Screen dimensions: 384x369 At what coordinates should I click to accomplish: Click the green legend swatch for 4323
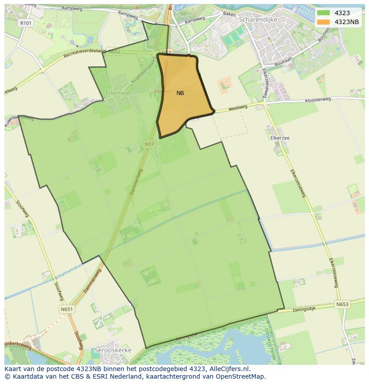coord(324,13)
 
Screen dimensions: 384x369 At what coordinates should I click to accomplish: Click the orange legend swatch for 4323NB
coord(324,22)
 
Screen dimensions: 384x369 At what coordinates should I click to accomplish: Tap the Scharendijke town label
coord(258,20)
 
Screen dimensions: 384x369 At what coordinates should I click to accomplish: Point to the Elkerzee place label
coord(280,138)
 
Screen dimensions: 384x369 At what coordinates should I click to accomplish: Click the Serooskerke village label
coord(113,350)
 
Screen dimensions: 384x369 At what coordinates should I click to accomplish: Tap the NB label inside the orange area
coord(180,93)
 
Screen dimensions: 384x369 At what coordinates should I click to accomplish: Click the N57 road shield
coord(149,144)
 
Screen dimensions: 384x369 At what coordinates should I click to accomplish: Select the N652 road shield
coord(114,52)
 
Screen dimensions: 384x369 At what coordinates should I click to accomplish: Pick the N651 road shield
coord(66,309)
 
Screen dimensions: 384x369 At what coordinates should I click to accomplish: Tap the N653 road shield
coord(342,304)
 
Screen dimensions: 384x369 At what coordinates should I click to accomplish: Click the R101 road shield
coord(25,22)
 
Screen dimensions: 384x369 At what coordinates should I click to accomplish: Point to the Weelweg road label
coord(238,108)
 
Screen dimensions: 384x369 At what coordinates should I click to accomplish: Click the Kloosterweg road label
coord(318,100)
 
